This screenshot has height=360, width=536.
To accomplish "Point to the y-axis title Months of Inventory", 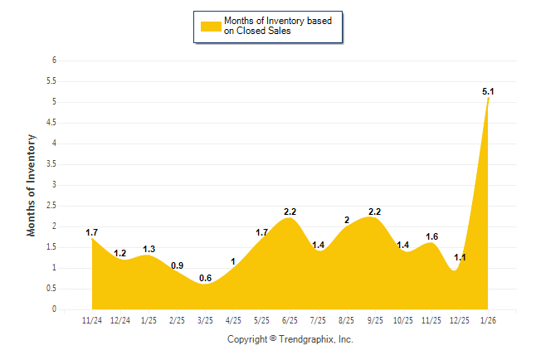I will click(32, 185).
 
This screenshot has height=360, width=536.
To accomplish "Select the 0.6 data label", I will click(205, 278).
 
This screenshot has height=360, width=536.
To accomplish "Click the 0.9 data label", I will click(177, 265).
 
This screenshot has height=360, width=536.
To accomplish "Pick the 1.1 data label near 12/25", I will click(460, 257).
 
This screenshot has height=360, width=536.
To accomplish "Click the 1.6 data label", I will click(431, 236).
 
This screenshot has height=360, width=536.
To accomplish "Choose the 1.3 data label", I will click(149, 249).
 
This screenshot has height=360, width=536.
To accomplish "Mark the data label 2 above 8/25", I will click(347, 220).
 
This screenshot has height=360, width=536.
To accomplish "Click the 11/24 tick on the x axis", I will click(91, 321).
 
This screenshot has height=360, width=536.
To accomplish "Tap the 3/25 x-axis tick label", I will click(205, 321).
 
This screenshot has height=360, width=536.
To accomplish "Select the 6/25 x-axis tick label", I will click(290, 321).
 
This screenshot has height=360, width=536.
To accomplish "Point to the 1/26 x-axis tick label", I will click(489, 321).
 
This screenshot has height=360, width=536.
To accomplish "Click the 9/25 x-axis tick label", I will click(375, 321).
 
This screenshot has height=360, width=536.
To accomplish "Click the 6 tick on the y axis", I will click(54, 61).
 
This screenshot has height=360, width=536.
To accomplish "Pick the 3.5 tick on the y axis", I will click(51, 164).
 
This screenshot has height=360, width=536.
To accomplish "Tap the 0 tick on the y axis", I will click(54, 309).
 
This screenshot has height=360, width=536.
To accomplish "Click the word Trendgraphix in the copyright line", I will click(306, 339).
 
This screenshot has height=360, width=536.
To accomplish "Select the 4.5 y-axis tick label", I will click(51, 123).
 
